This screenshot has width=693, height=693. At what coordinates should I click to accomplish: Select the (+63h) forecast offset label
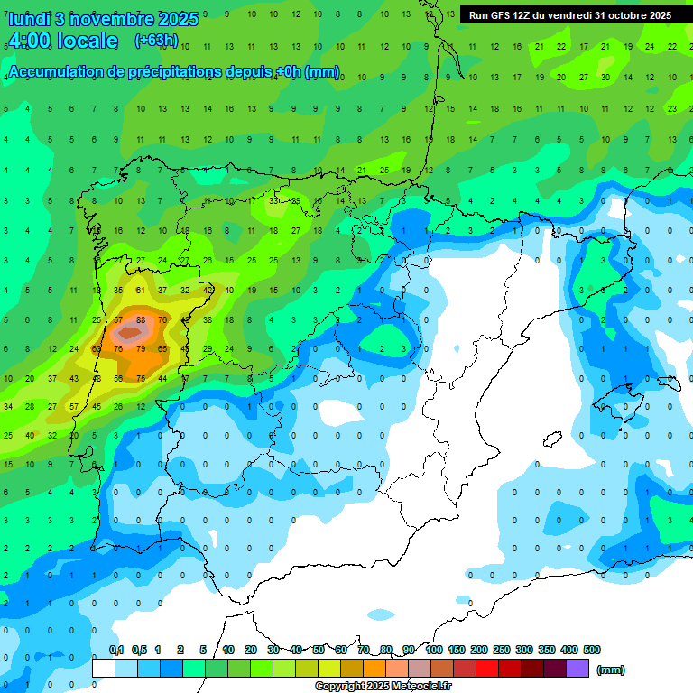click(156, 41)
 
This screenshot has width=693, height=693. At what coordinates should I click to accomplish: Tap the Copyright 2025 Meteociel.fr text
click(383, 687)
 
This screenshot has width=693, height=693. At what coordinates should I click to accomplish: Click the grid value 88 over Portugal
click(141, 319)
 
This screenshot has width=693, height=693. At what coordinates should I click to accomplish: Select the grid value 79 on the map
click(141, 348)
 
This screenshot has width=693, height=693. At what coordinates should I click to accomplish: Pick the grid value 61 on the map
click(141, 290)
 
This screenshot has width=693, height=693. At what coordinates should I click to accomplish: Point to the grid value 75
click(141, 378)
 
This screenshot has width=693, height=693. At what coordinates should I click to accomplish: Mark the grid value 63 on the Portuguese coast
click(97, 348)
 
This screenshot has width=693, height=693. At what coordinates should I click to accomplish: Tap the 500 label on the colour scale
click(592, 650)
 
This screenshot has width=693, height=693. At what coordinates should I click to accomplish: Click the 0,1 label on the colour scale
click(116, 650)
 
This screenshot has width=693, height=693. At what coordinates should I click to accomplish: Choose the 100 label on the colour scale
click(433, 650)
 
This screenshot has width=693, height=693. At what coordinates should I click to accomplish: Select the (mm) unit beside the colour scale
click(611, 670)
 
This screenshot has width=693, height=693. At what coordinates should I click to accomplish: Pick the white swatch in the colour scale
click(104, 669)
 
